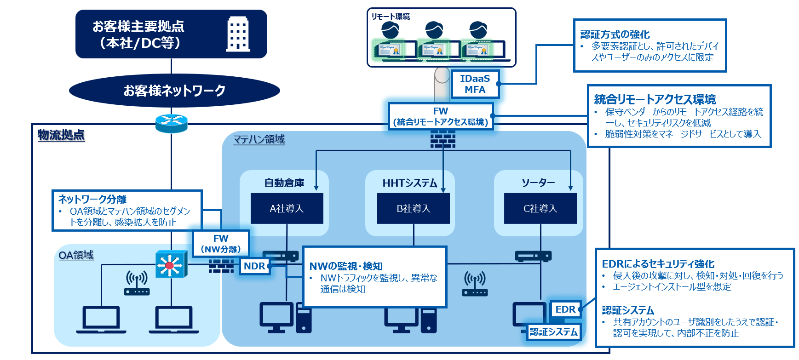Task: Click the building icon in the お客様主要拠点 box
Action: tap(238, 34)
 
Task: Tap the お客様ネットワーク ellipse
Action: tap(174, 91)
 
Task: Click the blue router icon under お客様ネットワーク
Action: tap(171, 123)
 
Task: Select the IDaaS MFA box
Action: tap(475, 84)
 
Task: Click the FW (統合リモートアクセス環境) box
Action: tap(441, 116)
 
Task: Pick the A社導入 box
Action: tap(287, 208)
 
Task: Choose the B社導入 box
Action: tap(413, 208)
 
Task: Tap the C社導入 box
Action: tap(540, 208)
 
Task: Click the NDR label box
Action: tap(254, 266)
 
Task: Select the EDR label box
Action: tap(565, 309)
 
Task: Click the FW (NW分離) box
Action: tap(221, 244)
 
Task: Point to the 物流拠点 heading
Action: tap(61, 135)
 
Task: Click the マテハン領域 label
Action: tap(259, 139)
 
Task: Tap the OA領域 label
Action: tap(76, 255)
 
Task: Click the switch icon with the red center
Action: tap(171, 264)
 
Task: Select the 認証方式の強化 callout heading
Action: tap(615, 34)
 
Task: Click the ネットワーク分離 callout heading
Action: tap(92, 199)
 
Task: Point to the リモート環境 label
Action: tap(391, 17)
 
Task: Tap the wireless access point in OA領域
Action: tap(137, 283)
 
